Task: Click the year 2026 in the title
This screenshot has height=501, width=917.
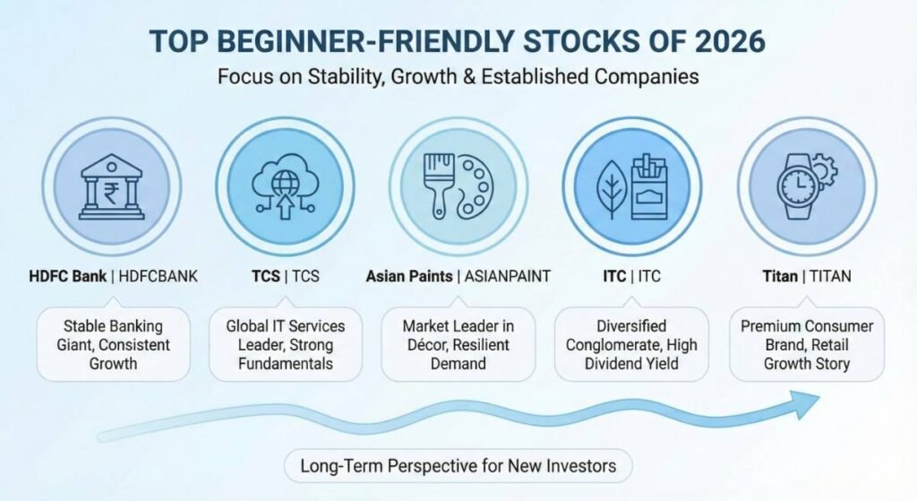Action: click(x=730, y=41)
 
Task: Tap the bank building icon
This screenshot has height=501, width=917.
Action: click(x=111, y=186)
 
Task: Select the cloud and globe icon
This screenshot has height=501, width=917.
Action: click(x=285, y=186)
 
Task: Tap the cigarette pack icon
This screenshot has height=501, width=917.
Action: click(x=650, y=186)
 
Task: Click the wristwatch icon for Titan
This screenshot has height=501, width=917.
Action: click(x=801, y=186)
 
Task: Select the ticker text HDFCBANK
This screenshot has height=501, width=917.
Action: click(x=158, y=276)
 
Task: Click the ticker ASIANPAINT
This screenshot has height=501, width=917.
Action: click(x=507, y=276)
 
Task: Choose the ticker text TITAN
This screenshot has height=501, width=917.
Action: click(x=830, y=276)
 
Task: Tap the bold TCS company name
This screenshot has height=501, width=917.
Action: click(x=265, y=276)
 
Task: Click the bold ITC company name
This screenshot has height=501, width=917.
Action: click(x=614, y=276)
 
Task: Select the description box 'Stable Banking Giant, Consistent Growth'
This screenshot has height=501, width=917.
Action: click(x=114, y=345)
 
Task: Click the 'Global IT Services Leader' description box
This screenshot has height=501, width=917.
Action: click(x=286, y=345)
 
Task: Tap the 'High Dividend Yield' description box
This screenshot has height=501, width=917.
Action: click(x=631, y=345)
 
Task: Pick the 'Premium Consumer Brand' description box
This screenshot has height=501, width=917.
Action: click(x=807, y=345)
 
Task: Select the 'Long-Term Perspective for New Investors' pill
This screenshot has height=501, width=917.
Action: click(x=458, y=466)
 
